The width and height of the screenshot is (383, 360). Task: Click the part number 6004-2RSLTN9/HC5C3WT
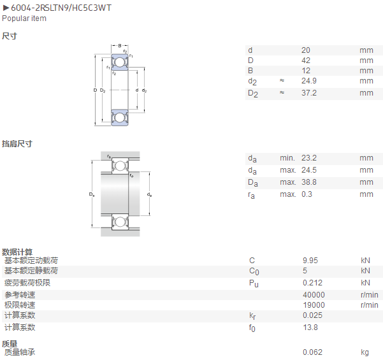tap(61, 8)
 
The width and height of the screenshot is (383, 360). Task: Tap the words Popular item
tap(24, 18)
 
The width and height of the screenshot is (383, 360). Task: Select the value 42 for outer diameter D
tap(306, 61)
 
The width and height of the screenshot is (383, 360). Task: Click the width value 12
tap(306, 71)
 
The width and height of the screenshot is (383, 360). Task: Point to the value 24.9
tap(309, 81)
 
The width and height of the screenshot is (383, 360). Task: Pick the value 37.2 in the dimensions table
tap(309, 93)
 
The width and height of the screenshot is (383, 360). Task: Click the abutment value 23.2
tap(309, 158)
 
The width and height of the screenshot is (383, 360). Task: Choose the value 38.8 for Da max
tap(309, 182)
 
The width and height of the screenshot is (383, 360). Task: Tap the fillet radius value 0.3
tap(307, 194)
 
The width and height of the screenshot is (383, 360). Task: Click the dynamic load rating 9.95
tap(310, 261)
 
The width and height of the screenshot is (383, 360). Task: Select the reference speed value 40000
tap(314, 295)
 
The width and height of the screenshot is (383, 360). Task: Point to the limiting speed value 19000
tap(314, 305)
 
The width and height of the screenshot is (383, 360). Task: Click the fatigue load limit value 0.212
tap(313, 283)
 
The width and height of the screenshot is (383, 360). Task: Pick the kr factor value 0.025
tap(313, 315)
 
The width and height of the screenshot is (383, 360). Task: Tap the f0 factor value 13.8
tap(310, 328)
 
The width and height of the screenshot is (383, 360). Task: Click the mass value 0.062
tap(313, 352)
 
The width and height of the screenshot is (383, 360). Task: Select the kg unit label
tap(365, 352)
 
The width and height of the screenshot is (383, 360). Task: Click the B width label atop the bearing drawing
tap(120, 46)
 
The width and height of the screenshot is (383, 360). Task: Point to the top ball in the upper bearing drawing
tap(119, 62)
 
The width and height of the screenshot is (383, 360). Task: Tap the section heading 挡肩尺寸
tap(17, 143)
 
